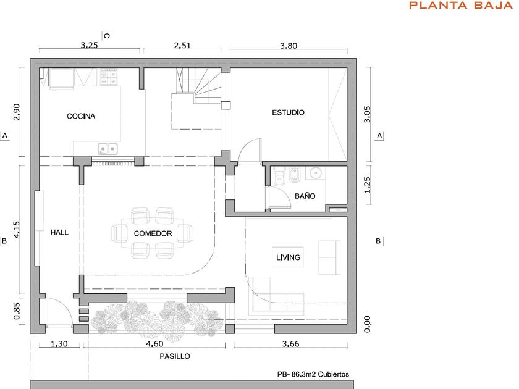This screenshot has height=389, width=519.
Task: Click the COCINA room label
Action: (x=81, y=116)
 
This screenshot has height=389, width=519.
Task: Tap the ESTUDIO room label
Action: (x=288, y=112)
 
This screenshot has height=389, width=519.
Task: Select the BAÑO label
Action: (x=305, y=196)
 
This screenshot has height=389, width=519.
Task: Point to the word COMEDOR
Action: (x=153, y=233)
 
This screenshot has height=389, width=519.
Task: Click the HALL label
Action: (x=59, y=233)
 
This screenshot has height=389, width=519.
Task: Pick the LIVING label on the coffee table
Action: (x=288, y=257)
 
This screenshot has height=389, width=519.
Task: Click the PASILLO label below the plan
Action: (x=175, y=356)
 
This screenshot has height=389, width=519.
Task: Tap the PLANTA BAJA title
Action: (x=461, y=6)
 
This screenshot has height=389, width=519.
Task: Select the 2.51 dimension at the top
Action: (x=183, y=45)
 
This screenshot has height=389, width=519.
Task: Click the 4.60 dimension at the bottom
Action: (x=154, y=344)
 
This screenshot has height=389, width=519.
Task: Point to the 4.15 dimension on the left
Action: (x=16, y=230)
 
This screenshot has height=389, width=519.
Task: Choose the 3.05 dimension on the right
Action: (x=367, y=114)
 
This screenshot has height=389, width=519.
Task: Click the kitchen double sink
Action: (x=108, y=149)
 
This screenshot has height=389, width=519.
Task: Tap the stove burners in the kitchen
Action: (x=109, y=77)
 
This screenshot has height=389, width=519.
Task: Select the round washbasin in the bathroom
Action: (x=315, y=173)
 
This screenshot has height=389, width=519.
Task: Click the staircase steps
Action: (x=198, y=85)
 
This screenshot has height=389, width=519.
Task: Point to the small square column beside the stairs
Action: (x=226, y=105)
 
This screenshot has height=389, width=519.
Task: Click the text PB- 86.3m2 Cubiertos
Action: (x=313, y=374)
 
